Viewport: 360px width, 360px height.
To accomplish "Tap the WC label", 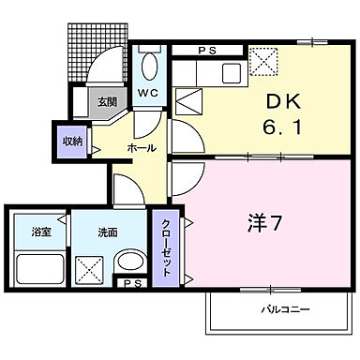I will (x=147, y=94).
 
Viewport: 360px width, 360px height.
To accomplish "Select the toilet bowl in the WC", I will (x=148, y=68).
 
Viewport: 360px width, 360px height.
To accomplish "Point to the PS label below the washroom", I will (x=130, y=282).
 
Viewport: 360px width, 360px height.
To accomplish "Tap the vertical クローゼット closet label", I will (x=164, y=246).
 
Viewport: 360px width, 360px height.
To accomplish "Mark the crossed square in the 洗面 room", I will (x=91, y=271).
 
